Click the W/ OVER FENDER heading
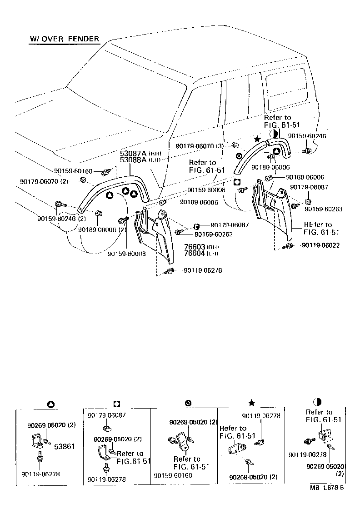(x=64, y=39)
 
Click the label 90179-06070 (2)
(x=44, y=181)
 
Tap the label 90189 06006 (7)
(x=102, y=230)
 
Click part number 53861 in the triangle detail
(x=65, y=447)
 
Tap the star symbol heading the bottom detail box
(x=251, y=403)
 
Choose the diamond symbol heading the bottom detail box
(x=116, y=404)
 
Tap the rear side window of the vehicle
(x=285, y=86)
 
